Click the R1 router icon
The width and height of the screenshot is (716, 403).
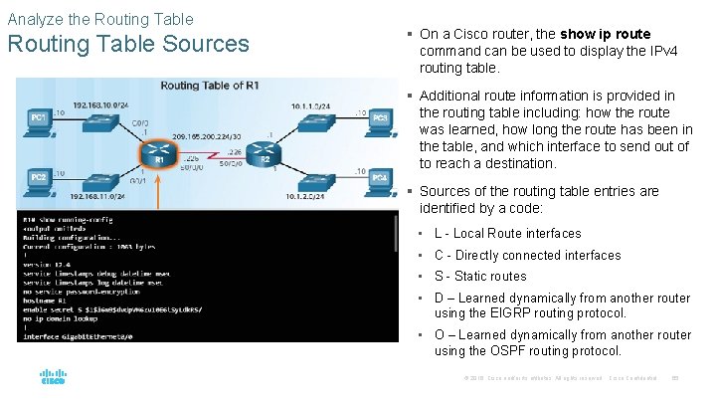pyautogui.click(x=157, y=150)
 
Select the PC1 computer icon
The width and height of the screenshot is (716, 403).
pyautogui.click(x=41, y=120)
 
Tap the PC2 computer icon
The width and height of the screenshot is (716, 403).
pyautogui.click(x=41, y=178)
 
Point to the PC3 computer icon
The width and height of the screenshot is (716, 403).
pyautogui.click(x=379, y=120)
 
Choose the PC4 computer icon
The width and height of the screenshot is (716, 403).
pyautogui.click(x=379, y=178)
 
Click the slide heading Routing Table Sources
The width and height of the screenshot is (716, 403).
pyautogui.click(x=128, y=44)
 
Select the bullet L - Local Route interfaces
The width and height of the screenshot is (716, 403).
pyautogui.click(x=507, y=233)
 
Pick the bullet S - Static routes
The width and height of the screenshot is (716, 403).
pyautogui.click(x=480, y=277)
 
